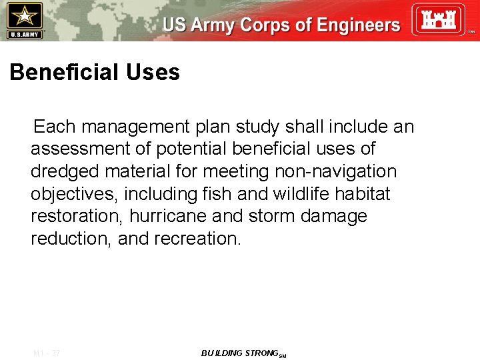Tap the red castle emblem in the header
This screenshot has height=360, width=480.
(x=437, y=19)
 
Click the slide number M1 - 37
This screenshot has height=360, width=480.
(x=46, y=353)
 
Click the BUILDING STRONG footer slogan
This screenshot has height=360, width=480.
(x=239, y=353)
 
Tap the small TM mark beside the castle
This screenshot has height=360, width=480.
(x=471, y=32)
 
